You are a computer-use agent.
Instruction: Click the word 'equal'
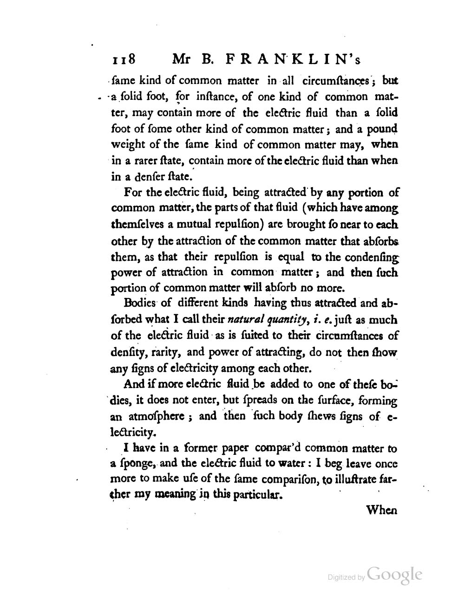[290, 257]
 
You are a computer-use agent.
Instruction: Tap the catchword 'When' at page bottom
[382, 511]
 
